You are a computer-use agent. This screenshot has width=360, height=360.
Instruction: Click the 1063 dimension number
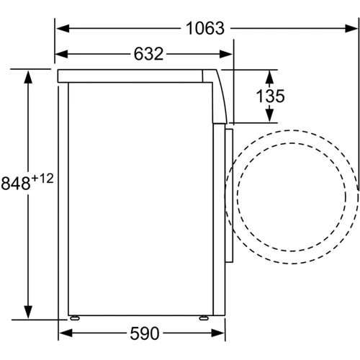click(205, 28)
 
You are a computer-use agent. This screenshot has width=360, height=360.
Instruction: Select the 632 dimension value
click(148, 54)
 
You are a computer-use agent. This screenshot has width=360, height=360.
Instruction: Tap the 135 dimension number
click(270, 96)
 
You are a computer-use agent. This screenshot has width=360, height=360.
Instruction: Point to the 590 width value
click(145, 333)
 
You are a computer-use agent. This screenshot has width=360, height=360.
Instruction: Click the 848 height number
click(16, 183)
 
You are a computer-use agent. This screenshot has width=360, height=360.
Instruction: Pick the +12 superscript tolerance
click(42, 179)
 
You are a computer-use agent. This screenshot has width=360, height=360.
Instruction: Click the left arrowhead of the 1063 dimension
click(63, 28)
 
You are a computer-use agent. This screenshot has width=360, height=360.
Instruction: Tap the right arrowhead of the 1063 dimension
click(351, 28)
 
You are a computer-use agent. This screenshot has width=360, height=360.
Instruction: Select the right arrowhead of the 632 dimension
click(226, 54)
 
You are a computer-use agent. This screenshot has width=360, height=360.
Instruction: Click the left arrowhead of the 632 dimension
click(62, 54)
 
